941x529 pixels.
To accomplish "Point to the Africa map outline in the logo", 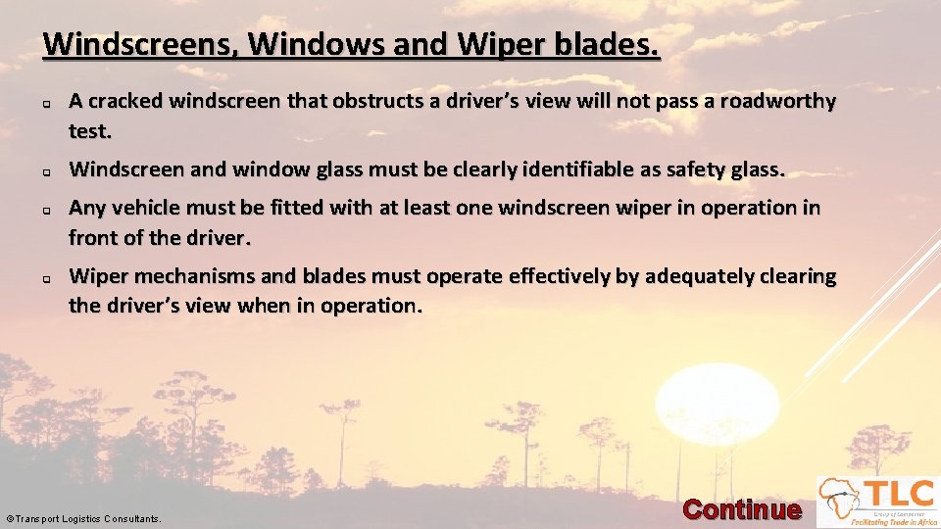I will coord(840,498).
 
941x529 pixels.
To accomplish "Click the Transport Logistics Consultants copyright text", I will coord(83,518).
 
